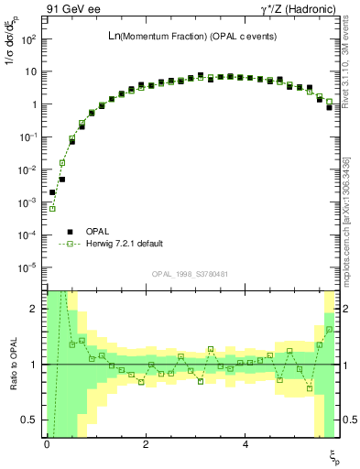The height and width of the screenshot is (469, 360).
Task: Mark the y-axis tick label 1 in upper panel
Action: (33, 104)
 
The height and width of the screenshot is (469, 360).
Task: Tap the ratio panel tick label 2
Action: (34, 309)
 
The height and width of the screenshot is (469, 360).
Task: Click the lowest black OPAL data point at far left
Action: (52, 193)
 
